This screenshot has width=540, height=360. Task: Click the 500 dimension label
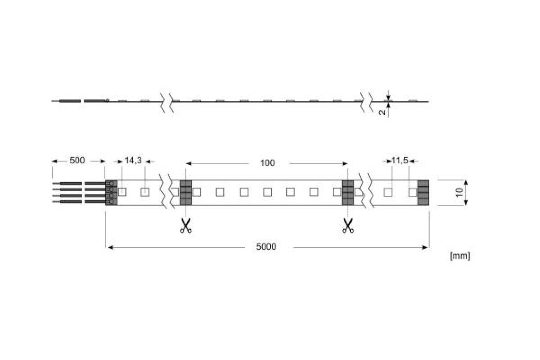pos(77,160)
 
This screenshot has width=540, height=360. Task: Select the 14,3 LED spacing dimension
pos(133,160)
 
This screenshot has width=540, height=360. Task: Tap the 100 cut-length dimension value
pos(267,163)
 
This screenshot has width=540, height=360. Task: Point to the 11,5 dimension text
pos(400,160)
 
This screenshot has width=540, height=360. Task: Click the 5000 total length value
pos(266,247)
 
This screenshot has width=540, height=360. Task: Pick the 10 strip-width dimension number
pos(459,193)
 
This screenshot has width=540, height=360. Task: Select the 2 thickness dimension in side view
pos(382,112)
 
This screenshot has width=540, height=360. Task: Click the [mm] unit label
pos(460,256)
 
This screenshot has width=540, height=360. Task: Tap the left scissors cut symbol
pos(185,226)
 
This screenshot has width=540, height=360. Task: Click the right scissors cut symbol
pos(347,226)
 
